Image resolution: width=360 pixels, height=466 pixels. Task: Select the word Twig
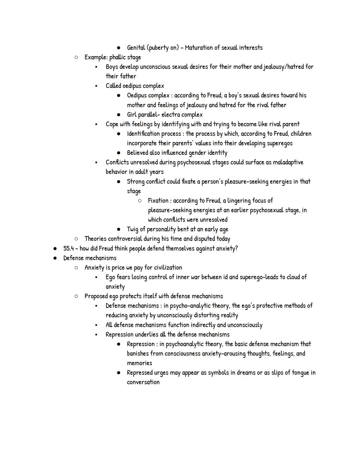pos(133,229)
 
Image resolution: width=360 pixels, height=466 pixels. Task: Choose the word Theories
pos(96,239)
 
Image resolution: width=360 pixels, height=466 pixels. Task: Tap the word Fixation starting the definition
pos(158,201)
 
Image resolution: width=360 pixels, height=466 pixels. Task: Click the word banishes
pos(138,354)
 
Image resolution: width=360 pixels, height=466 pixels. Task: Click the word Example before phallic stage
pos(96,57)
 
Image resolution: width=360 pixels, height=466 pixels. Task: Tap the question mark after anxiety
pos(236,249)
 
